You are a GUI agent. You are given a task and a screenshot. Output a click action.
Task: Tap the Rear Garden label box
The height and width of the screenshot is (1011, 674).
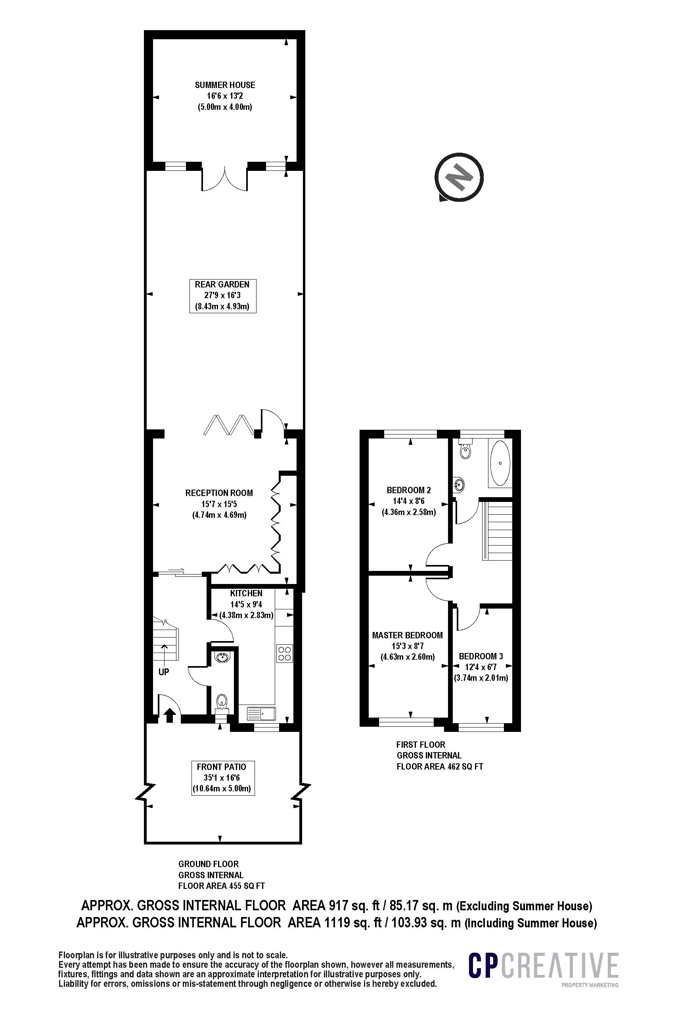[x=223, y=296]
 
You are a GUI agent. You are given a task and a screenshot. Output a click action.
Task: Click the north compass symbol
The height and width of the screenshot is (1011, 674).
[x=459, y=177]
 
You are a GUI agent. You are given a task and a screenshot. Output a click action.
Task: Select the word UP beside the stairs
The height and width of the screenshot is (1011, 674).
[x=164, y=672]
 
